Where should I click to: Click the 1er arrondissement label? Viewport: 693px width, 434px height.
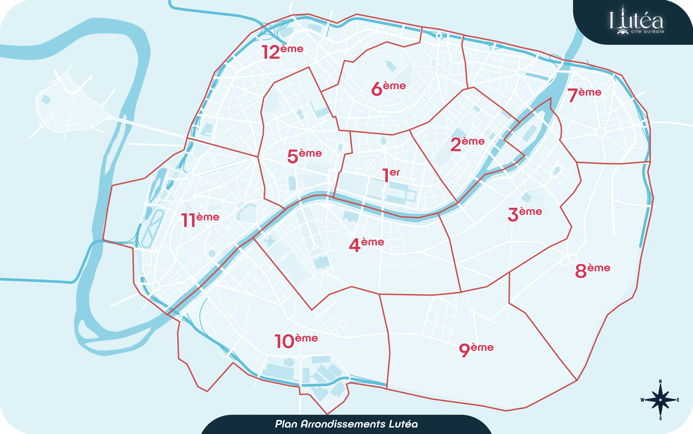(x=391, y=175)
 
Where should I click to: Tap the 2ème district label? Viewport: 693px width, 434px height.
(x=468, y=144)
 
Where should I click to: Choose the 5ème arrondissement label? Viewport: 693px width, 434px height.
(x=304, y=156)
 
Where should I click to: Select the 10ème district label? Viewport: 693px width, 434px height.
(x=296, y=341)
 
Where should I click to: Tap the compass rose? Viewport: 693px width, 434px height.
(x=661, y=400)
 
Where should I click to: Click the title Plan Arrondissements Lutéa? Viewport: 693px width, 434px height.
(x=346, y=424)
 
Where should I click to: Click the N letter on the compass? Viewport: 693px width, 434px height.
(x=661, y=382)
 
